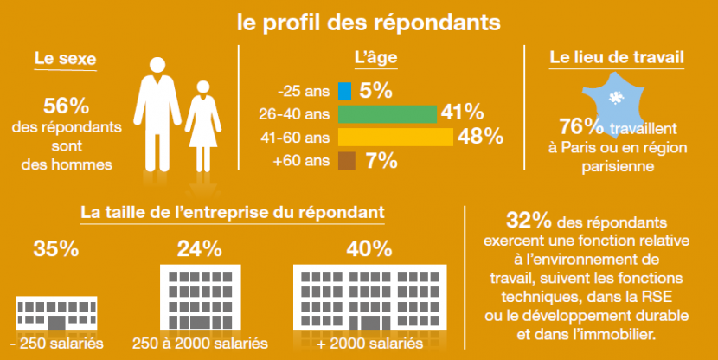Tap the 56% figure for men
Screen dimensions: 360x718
click(67, 107)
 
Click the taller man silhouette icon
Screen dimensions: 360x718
click(157, 112)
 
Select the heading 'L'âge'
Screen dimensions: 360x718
click(376, 60)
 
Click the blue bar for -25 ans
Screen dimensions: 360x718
click(344, 90)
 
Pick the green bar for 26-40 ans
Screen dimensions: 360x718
click(388, 113)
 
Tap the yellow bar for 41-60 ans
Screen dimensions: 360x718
click(395, 137)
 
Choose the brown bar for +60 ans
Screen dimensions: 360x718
click(347, 160)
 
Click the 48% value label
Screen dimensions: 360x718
click(481, 137)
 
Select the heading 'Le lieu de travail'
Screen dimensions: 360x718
click(618, 60)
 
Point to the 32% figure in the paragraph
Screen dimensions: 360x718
click(527, 218)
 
